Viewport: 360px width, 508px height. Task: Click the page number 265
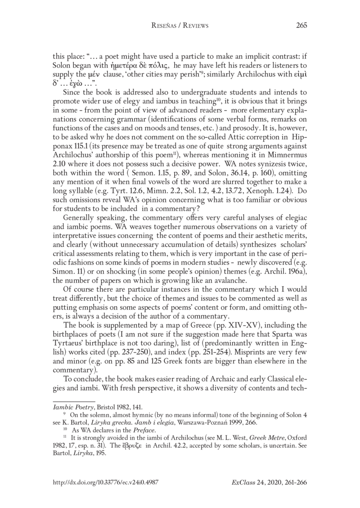(x=301, y=26)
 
